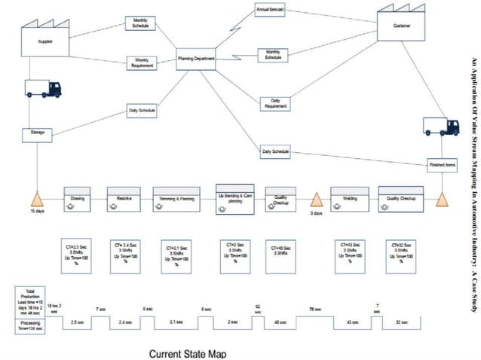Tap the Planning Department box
tap(196, 58)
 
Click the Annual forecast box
tap(269, 11)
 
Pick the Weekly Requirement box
tap(141, 63)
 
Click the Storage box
tap(37, 134)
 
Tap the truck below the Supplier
tap(42, 89)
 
